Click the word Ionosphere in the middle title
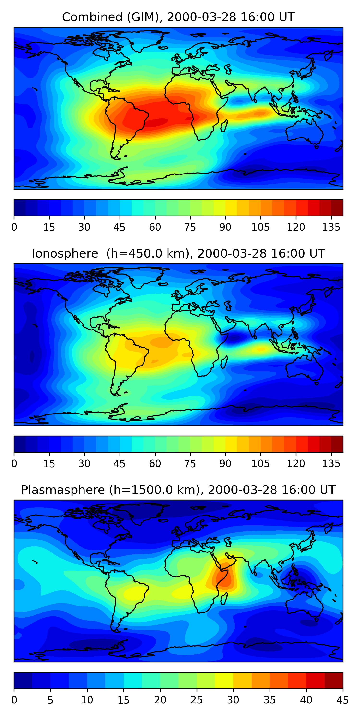[65, 253]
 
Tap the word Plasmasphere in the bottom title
[63, 490]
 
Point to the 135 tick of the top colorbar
[331, 227]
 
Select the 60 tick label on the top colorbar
[155, 227]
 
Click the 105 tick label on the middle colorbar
[260, 463]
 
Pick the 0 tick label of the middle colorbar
[14, 463]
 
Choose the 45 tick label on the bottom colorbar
[343, 700]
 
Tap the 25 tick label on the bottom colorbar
[197, 700]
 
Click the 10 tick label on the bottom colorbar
[87, 700]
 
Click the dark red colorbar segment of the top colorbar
[337, 208]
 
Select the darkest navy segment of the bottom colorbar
[23, 681]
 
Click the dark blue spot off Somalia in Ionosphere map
[234, 338]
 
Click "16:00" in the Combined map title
[253, 17]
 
